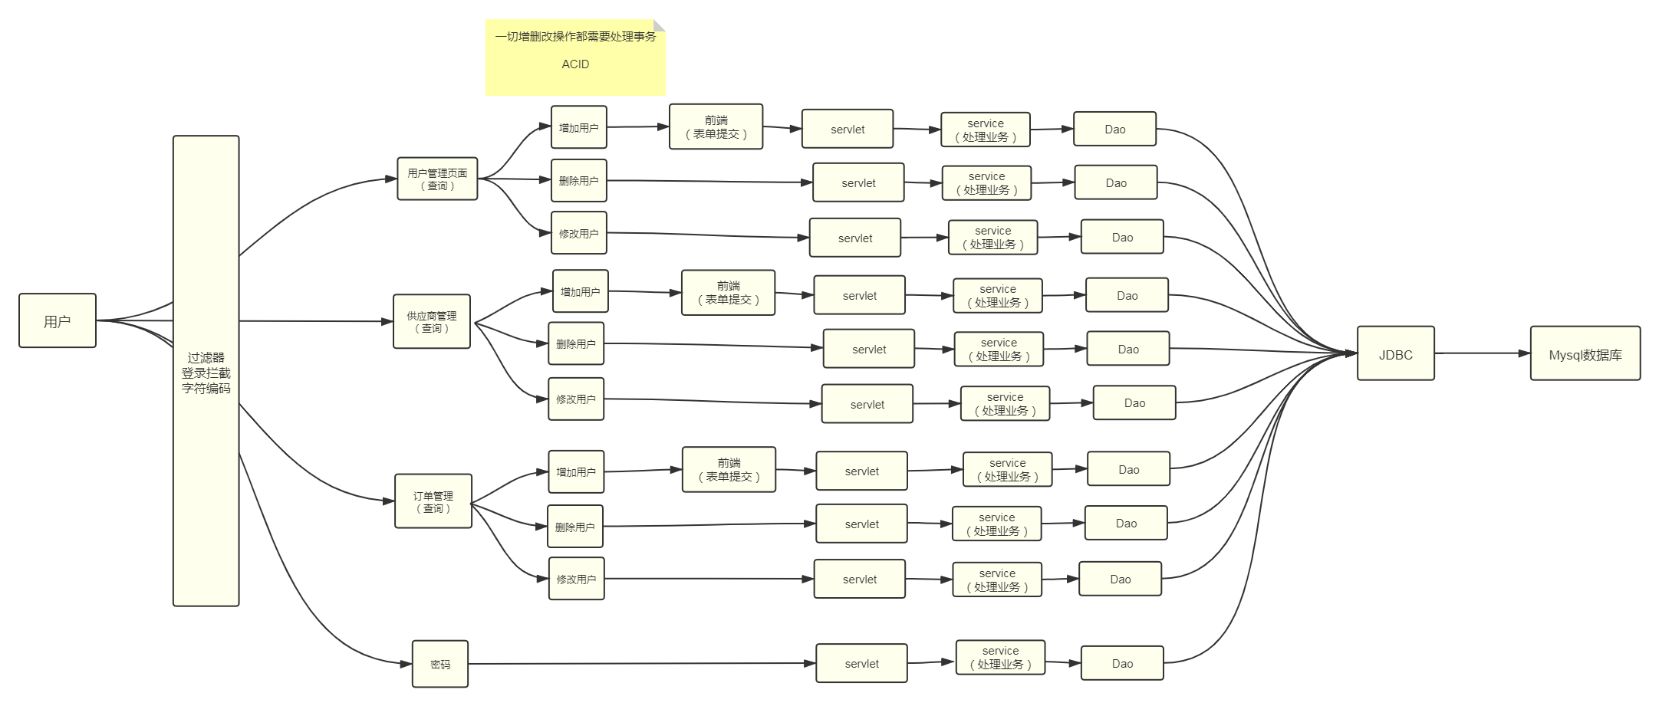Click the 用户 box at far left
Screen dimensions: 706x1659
58,320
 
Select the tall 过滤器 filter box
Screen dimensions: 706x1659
206,371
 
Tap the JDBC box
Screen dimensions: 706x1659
1395,353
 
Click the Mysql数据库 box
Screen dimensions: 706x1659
1585,353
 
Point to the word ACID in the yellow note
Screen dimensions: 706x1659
575,64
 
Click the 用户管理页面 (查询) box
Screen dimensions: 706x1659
437,179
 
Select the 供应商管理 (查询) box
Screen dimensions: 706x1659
432,321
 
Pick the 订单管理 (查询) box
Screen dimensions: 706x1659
433,501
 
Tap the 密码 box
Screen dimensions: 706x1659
440,664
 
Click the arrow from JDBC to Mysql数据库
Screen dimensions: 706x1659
1480,353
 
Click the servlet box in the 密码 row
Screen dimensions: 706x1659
861,663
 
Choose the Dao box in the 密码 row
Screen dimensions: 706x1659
1121,663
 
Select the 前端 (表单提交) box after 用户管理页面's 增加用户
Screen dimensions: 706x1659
716,126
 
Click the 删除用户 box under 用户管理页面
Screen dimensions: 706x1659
578,180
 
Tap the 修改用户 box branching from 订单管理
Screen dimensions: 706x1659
576,579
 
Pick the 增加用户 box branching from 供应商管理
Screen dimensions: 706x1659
580,291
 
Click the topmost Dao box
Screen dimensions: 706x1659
1114,129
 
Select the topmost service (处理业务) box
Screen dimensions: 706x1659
986,130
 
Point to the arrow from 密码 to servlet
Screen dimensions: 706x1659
640,664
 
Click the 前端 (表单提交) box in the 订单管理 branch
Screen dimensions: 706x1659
729,469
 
